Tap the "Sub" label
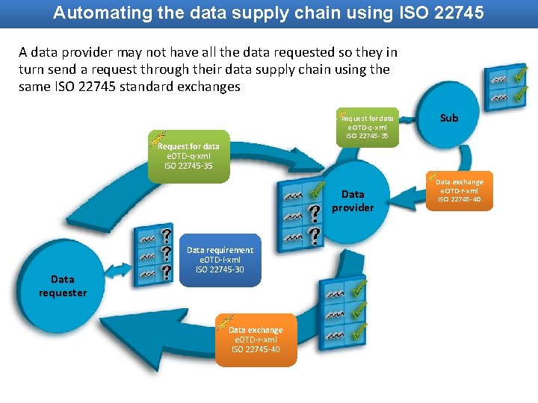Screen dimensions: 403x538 pyautogui.click(x=449, y=118)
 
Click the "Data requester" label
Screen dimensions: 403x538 pyautogui.click(x=63, y=286)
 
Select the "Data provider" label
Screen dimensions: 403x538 pyautogui.click(x=353, y=201)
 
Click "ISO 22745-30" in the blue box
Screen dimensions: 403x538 pyautogui.click(x=220, y=269)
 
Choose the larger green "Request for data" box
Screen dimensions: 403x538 pyautogui.click(x=188, y=156)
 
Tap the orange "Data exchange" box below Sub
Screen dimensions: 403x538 pyautogui.click(x=460, y=190)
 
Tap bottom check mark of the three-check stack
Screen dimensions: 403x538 pyautogui.click(x=359, y=330)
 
